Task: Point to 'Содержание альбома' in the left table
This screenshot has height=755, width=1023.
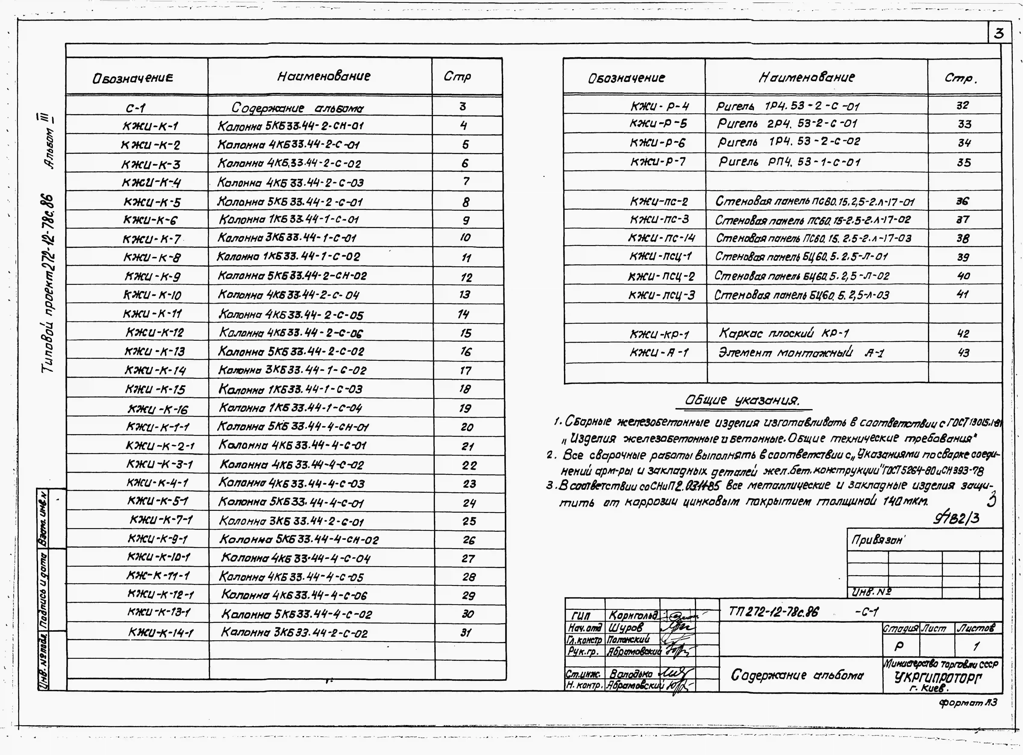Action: coord(297,108)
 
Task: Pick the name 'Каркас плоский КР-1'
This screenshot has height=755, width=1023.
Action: coord(784,333)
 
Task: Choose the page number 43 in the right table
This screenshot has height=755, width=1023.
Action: coord(963,352)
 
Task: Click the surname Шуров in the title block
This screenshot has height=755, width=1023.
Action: coord(625,627)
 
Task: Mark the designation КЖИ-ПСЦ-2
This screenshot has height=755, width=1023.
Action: coord(661,276)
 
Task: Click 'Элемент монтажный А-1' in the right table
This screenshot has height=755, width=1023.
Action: coord(801,352)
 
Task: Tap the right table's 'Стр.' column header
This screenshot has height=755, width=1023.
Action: coord(960,78)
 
